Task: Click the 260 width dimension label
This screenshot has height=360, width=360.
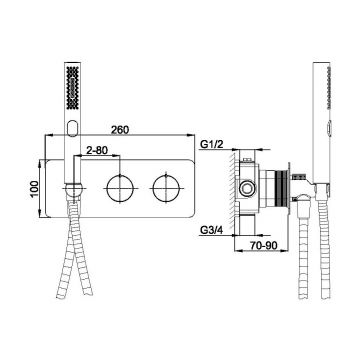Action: (x=120, y=130)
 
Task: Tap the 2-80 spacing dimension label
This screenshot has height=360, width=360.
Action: (x=97, y=150)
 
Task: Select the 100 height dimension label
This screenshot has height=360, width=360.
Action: (x=35, y=189)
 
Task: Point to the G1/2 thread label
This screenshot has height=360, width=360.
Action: (x=211, y=144)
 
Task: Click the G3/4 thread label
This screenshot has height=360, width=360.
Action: (x=211, y=230)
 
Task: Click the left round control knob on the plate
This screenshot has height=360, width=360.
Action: (x=120, y=189)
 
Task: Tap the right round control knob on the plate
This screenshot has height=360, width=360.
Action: (x=166, y=189)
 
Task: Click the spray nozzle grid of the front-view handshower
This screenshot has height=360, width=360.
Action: (x=73, y=87)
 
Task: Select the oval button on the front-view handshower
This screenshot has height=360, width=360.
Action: (x=72, y=128)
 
